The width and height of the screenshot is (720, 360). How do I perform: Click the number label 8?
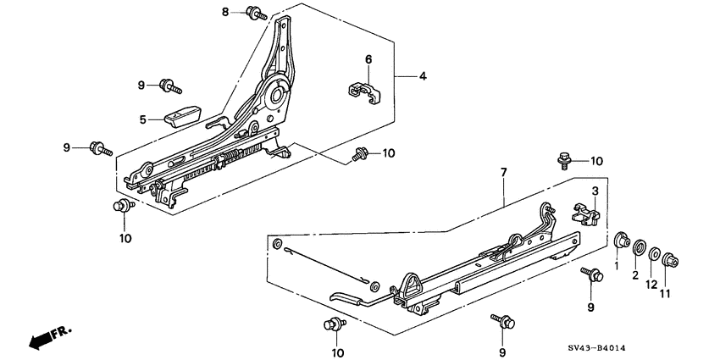(x=225, y=12)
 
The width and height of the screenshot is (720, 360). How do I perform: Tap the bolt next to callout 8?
(x=255, y=13)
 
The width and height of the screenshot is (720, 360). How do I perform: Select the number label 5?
(x=144, y=119)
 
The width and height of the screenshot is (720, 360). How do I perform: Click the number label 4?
(x=423, y=77)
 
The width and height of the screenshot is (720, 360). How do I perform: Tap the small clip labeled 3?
(x=587, y=212)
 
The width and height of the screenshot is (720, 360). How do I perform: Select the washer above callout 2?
(x=637, y=246)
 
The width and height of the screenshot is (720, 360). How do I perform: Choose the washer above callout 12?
(x=654, y=252)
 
